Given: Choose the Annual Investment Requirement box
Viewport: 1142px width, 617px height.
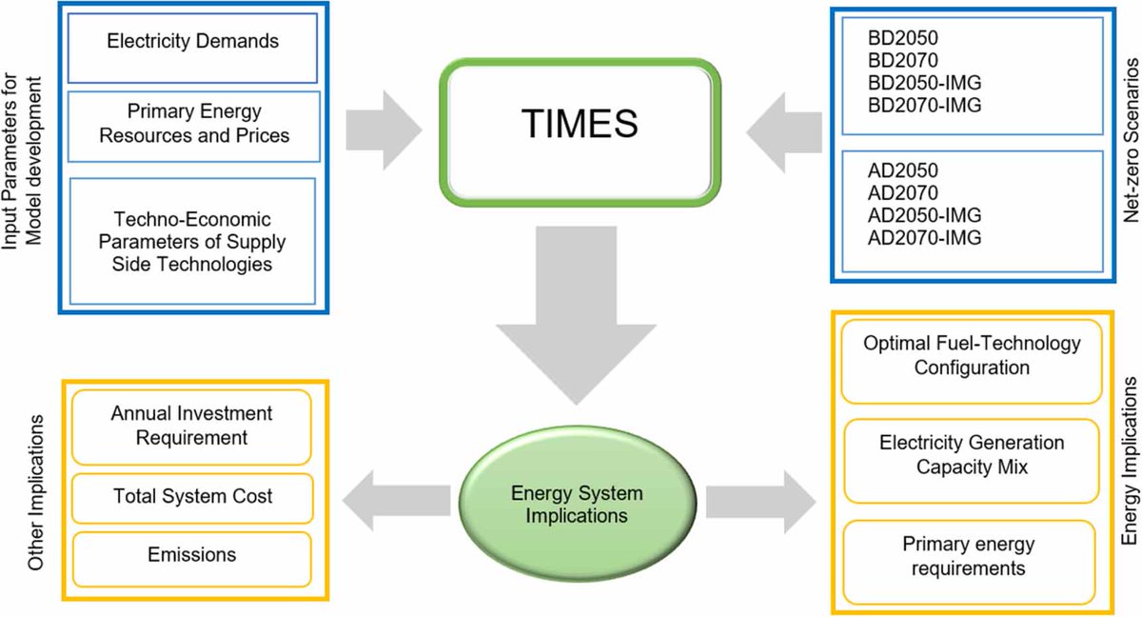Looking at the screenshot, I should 192,426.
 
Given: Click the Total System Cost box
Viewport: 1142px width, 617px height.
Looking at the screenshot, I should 192,495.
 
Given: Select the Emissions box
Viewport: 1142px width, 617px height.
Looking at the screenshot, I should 192,555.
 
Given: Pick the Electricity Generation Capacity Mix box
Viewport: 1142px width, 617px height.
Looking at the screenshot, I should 973,454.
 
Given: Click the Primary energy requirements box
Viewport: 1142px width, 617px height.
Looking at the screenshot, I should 973,555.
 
